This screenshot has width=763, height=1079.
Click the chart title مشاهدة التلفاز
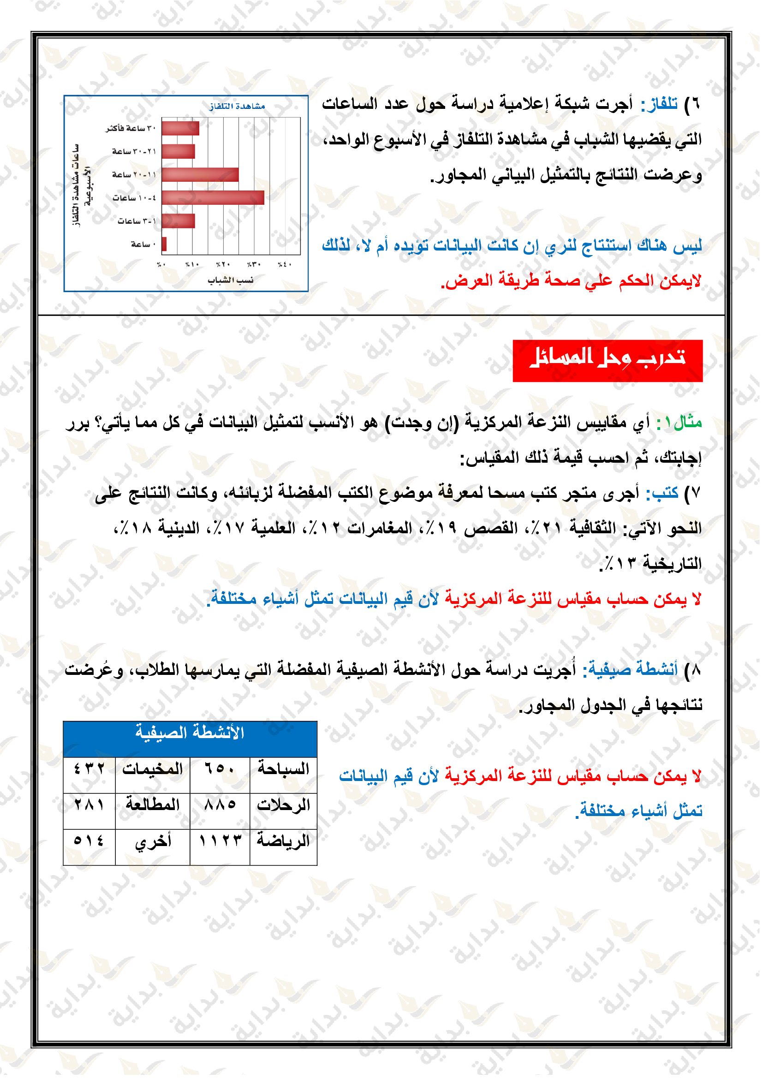237,107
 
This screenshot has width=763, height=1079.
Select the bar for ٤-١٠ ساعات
213,198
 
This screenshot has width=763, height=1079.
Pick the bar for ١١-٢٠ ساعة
200,175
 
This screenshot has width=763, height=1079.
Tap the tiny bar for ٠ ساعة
164,244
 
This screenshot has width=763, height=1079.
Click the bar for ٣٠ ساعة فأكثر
180,128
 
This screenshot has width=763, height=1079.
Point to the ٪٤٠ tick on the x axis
284,265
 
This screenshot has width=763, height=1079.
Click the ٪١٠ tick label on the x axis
192,265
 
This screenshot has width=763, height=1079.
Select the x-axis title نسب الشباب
231,280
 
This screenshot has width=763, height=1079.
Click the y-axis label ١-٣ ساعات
137,221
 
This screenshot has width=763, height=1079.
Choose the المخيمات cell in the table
153,769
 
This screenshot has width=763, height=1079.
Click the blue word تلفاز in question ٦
660,103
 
